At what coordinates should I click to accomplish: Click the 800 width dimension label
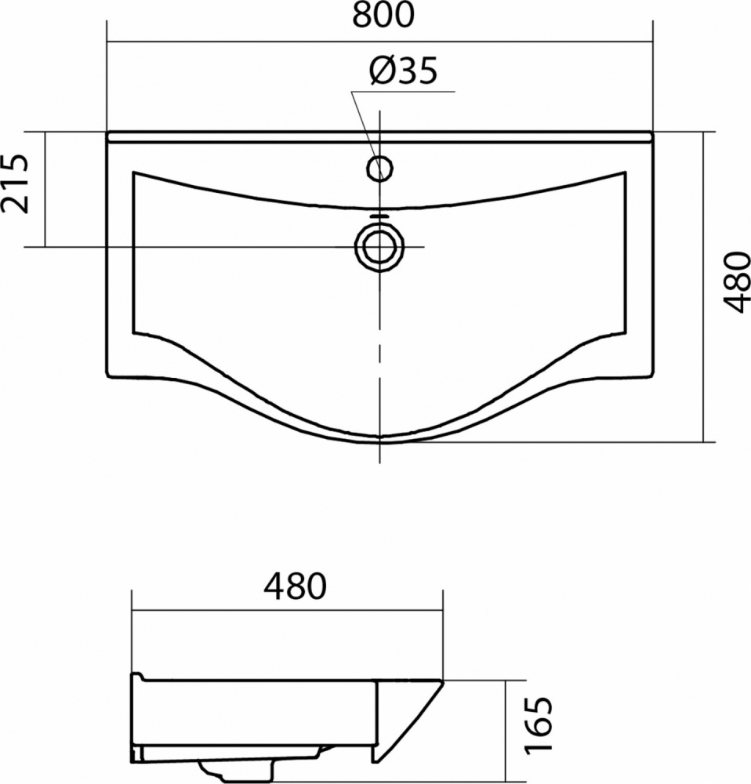[x=383, y=14]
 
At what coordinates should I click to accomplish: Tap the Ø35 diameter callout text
[x=403, y=70]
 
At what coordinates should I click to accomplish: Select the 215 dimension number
[x=15, y=183]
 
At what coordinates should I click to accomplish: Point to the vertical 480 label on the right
[x=737, y=282]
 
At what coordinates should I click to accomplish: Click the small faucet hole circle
[x=379, y=168]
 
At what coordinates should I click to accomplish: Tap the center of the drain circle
[x=379, y=247]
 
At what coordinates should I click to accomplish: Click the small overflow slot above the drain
[x=379, y=216]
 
